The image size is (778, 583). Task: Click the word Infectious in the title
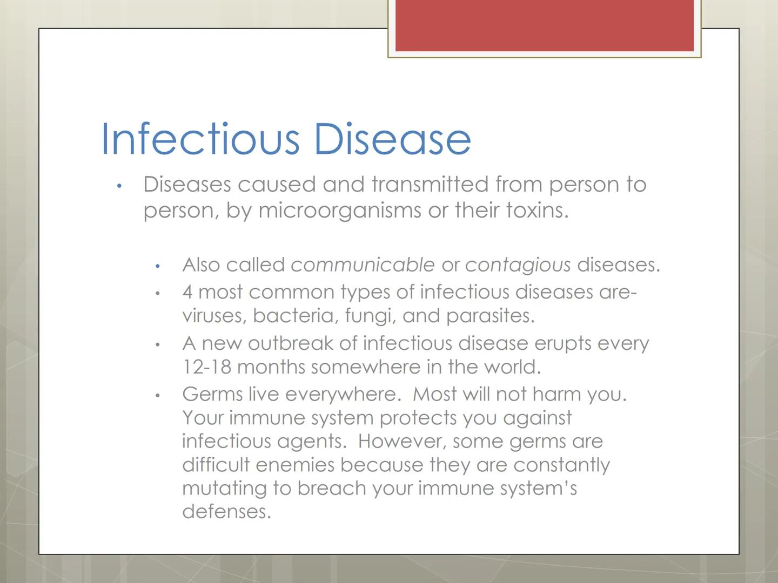pos(200,139)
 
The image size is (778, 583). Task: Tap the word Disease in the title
pos(392,139)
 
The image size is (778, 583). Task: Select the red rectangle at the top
pos(544,25)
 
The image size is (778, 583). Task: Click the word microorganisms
pos(340,210)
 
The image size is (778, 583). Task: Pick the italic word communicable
pos(363,265)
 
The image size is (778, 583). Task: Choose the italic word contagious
pos(518,265)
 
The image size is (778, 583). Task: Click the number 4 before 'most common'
pos(187,292)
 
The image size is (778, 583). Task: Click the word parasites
pos(490,316)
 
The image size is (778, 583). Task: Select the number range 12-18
pos(207,367)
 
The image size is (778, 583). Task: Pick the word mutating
pos(224,488)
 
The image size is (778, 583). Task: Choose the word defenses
pos(226,511)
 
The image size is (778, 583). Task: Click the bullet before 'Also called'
pos(158,266)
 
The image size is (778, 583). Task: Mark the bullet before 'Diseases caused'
pos(119,186)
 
